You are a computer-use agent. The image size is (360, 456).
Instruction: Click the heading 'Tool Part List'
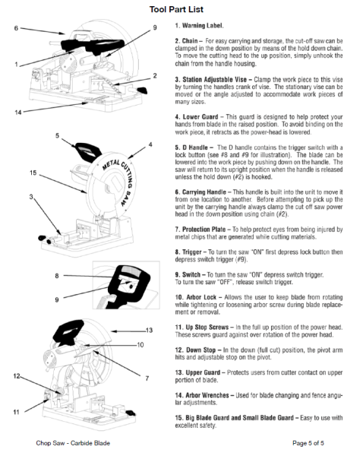coord(180,8)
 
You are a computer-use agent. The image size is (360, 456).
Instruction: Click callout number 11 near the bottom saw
coord(8,411)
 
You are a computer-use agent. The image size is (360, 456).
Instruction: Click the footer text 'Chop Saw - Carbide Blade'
coord(66,442)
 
